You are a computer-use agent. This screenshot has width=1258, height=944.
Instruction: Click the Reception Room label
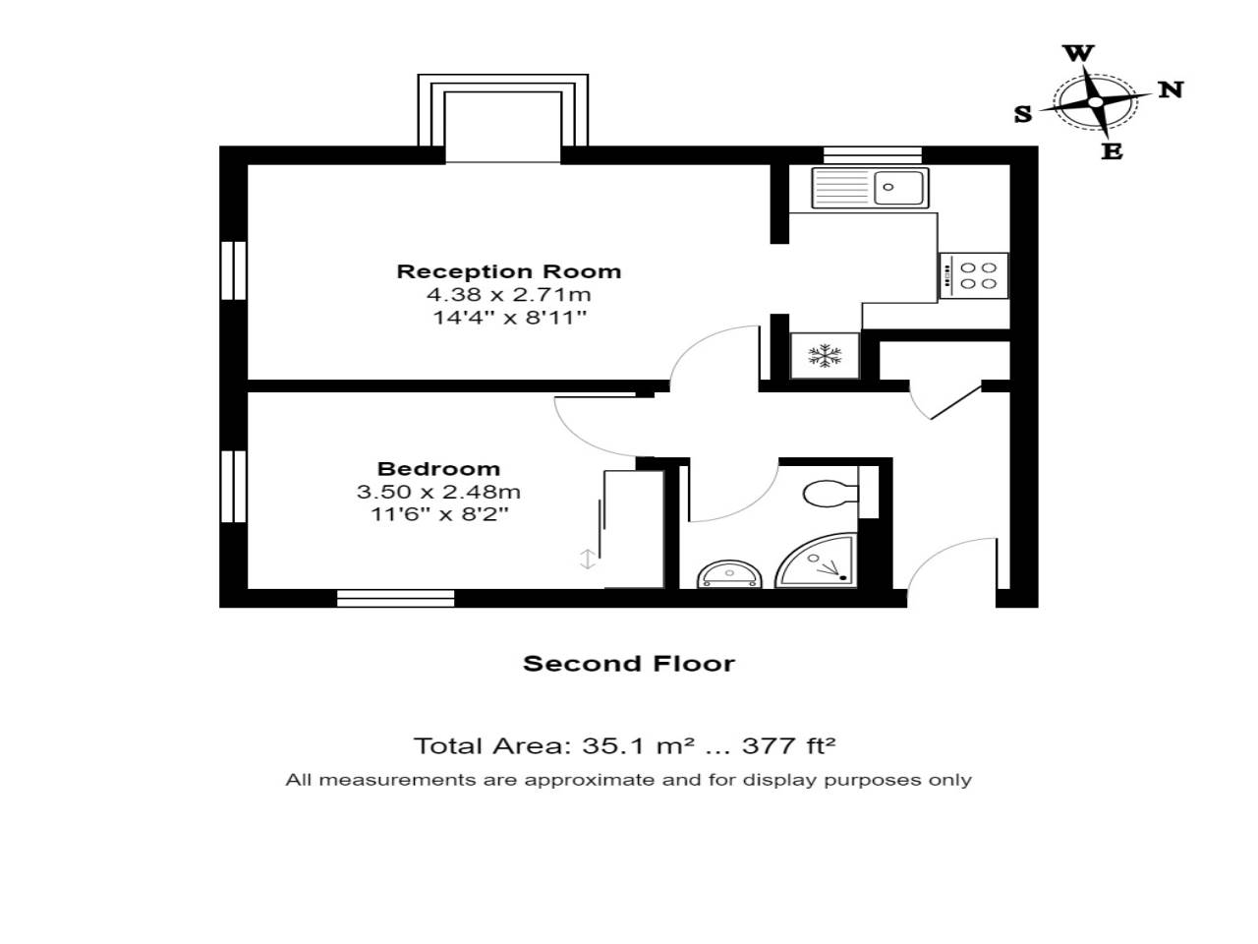[x=508, y=271]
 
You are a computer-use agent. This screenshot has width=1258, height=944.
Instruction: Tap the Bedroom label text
[x=438, y=469]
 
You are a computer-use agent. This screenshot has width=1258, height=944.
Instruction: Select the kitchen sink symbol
[x=870, y=187]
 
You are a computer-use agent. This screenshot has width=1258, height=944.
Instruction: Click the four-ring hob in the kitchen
[x=974, y=275]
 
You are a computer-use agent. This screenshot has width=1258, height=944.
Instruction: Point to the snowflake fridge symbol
[x=825, y=356]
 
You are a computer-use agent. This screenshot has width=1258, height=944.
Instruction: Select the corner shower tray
[x=818, y=562]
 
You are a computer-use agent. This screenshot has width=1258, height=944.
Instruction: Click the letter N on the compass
[x=1170, y=89]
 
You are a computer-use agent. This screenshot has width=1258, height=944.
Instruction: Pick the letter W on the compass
[x=1078, y=53]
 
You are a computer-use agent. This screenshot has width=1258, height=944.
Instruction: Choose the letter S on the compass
[x=1023, y=114]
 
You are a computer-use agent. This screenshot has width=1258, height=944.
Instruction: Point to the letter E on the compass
[x=1112, y=151]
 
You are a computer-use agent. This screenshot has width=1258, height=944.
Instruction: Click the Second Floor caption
[x=629, y=664]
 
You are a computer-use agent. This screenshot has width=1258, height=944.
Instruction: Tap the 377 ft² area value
[x=788, y=745]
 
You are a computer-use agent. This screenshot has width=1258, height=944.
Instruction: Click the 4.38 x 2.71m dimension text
[x=508, y=294]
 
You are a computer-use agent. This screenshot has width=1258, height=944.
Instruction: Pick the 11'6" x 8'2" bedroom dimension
[x=438, y=513]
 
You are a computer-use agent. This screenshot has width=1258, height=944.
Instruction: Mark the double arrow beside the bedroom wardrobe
[x=587, y=559]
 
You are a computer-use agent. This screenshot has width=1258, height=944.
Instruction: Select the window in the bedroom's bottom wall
[x=396, y=597]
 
